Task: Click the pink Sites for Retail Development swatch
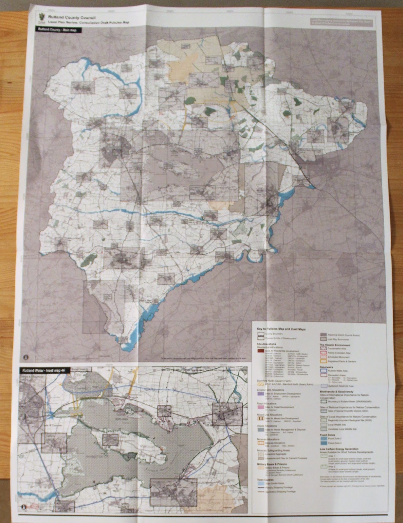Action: point(261,407)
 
